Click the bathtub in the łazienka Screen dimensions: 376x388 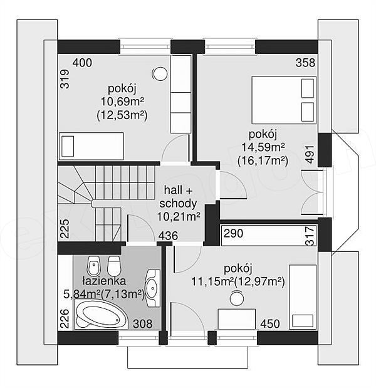[x=101, y=314]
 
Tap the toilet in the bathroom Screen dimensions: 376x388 [x=114, y=265]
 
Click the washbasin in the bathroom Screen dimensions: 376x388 [x=152, y=288]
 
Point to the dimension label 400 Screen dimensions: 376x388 [x=82, y=63]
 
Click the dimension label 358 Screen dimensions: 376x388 [x=306, y=63]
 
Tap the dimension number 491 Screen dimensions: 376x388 [x=310, y=154]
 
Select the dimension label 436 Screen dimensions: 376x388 [x=168, y=236]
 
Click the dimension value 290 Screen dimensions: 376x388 [x=233, y=233]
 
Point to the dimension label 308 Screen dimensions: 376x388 [x=143, y=323]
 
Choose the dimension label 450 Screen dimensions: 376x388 [x=270, y=323]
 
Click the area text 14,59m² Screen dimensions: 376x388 [x=263, y=147]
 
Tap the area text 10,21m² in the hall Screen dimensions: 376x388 [x=179, y=217]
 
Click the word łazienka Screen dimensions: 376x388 [x=104, y=281]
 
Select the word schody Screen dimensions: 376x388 [x=178, y=204]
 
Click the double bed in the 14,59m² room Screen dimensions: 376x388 [x=284, y=100]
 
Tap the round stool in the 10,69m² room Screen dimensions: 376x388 [x=160, y=74]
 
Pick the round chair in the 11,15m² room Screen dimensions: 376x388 [x=237, y=298]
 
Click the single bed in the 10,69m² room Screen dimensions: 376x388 [x=91, y=146]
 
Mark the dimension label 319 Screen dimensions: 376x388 [x=65, y=79]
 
